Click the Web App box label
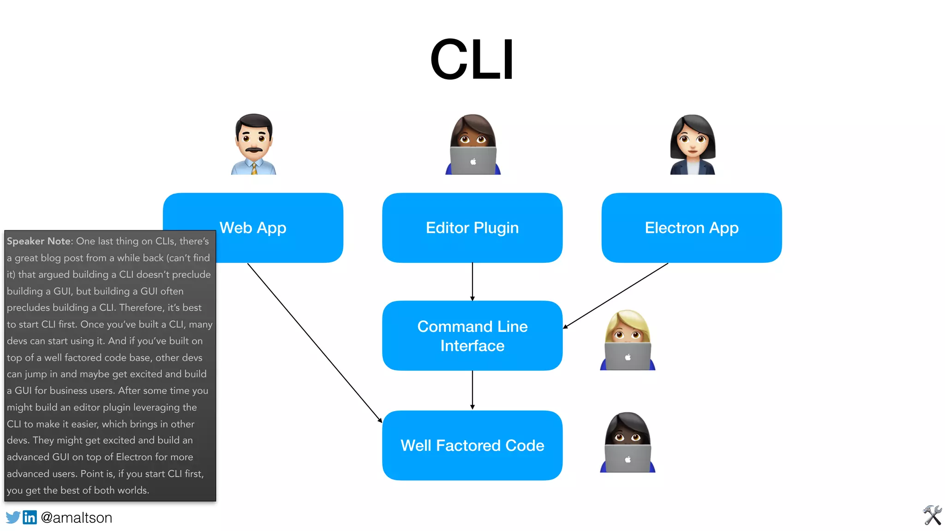(253, 228)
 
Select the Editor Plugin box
(472, 228)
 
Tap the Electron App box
(691, 228)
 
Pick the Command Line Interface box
(472, 336)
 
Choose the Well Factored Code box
(472, 445)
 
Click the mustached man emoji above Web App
(253, 144)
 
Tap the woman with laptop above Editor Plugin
(472, 144)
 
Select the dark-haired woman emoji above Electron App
(692, 144)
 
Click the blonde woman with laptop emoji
(628, 340)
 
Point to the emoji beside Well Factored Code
(628, 442)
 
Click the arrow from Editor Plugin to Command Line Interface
(472, 281)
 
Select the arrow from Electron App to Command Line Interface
(616, 295)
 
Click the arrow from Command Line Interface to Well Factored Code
(472, 389)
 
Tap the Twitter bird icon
(13, 517)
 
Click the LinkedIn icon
(30, 517)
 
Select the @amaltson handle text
(76, 518)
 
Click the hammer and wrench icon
(932, 515)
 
